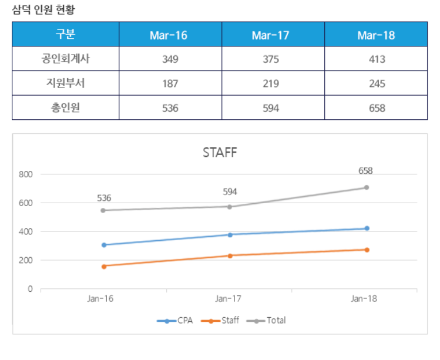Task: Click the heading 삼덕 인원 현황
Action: coord(43,9)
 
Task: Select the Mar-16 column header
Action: coord(169,35)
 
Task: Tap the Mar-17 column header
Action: coord(270,35)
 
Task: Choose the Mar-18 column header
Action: coord(376,35)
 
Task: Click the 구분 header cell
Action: coord(65,35)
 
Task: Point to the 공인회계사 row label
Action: coord(65,59)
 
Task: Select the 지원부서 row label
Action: coord(65,83)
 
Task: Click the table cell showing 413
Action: coord(377,59)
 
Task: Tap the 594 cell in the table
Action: coord(271,108)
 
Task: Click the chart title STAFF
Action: coord(220,153)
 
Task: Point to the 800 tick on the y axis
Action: coord(26,174)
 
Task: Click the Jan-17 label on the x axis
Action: coord(229,299)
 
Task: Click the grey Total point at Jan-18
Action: coord(367,187)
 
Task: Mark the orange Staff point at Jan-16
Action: coord(104,266)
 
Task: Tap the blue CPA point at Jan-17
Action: coord(230,234)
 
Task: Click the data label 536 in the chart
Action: coord(104,198)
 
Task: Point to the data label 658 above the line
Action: coord(365,171)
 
